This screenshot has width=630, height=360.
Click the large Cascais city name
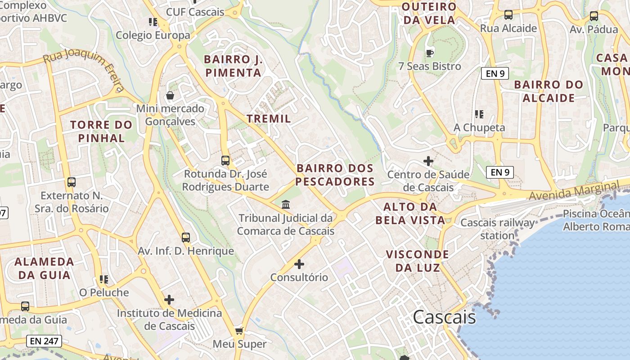pos(444,317)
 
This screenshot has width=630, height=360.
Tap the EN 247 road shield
pos(44,341)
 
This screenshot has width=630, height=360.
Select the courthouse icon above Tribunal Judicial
pos(286,205)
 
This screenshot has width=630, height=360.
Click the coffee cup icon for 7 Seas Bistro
pos(430,53)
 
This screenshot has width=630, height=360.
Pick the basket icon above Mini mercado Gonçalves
pos(170,95)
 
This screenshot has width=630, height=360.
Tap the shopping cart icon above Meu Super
pos(239,331)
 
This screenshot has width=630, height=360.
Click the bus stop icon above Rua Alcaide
pos(508,15)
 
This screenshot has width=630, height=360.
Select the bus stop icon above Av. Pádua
pos(594,16)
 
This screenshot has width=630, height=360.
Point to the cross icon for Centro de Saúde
pos(428,161)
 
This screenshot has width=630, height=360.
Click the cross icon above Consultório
pos(299,264)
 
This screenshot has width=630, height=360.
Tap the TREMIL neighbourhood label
pos(269,119)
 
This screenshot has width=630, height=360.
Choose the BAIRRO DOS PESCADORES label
pos(335,175)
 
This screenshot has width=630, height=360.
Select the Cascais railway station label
pos(497,229)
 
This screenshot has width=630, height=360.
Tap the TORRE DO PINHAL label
pos(101,131)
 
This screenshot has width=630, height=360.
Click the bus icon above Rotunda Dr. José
pos(225,160)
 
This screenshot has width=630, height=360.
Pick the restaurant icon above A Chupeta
pos(479,114)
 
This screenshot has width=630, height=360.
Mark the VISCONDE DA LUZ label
pos(418,261)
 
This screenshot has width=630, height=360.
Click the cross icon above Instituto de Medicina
pos(169,299)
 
